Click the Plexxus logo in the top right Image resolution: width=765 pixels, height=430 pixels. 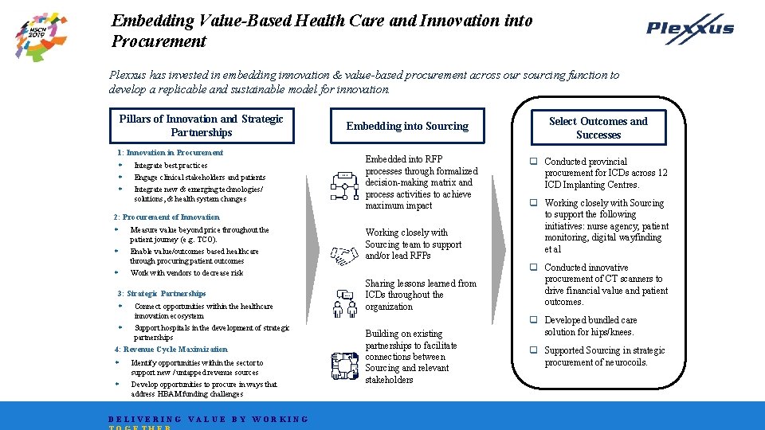coord(690,29)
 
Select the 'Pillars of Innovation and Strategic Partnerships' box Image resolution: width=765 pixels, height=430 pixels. coord(201,126)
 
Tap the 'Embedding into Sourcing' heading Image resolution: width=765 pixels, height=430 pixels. coord(407,126)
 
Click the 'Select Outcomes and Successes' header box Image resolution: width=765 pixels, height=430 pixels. coord(598,128)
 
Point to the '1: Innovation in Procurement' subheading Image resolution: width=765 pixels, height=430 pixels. coord(170,152)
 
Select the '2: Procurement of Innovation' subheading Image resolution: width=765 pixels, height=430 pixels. coord(167,217)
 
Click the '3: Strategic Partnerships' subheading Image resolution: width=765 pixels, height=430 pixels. coord(162,293)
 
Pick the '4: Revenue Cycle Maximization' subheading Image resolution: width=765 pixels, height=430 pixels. coord(171,349)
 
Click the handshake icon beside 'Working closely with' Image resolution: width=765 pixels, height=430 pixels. coord(344,256)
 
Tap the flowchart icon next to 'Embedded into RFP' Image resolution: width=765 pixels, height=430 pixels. coord(344,185)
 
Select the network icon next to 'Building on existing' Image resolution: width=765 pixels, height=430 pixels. coord(344,365)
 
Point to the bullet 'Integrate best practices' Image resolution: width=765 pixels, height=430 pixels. coord(171,166)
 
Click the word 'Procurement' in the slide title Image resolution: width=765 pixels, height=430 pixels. coord(159,41)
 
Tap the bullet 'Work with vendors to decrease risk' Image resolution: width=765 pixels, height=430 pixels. coord(186,272)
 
